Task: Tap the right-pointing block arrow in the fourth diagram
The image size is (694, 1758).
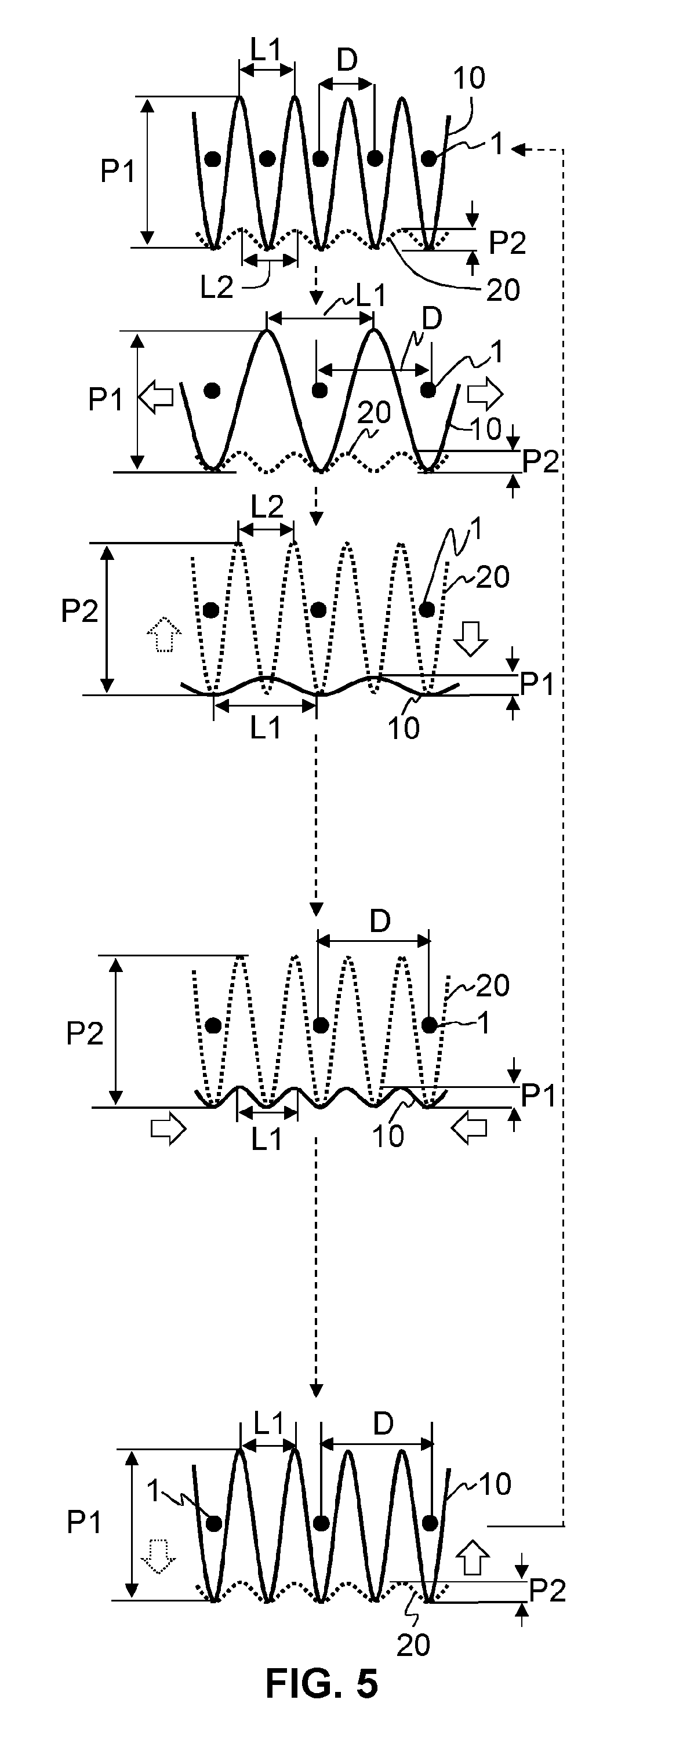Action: [168, 1130]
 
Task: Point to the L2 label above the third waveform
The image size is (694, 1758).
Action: [267, 507]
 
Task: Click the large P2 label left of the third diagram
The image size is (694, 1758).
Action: [80, 611]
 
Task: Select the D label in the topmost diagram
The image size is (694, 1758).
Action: [347, 61]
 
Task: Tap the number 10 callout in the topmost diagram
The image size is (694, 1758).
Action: [470, 78]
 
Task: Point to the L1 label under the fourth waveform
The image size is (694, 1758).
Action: [266, 1138]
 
